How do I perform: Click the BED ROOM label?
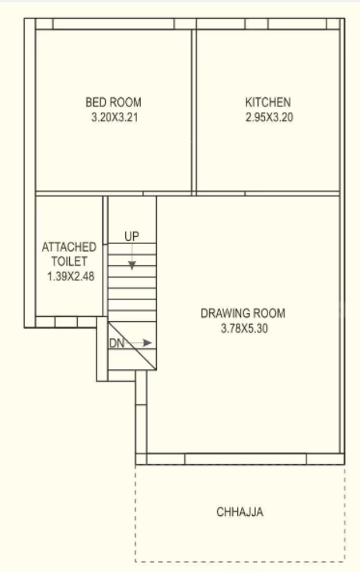114,102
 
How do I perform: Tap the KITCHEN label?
268,102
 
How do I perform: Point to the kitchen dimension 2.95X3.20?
268,118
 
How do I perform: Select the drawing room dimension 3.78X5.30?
243,329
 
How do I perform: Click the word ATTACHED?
69,247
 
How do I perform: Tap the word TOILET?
69,261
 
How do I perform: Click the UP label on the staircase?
131,235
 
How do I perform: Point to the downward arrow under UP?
131,260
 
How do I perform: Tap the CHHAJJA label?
241,512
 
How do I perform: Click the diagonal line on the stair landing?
132,346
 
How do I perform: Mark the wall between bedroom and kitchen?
194,109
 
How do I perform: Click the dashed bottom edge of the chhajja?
241,561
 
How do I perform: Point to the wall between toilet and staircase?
105,256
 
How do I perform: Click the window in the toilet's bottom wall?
65,321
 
